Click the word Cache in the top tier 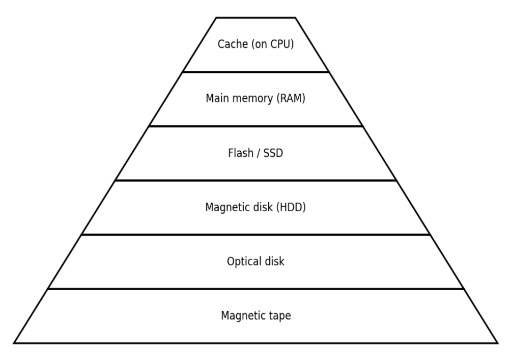coord(232,44)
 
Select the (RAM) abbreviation coord(291,99)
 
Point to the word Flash coord(239,153)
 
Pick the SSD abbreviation coord(272,153)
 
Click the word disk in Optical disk coord(275,262)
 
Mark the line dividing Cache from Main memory coord(256,72)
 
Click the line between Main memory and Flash coord(256,126)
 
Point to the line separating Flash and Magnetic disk coord(256,180)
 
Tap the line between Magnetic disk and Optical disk coord(256,235)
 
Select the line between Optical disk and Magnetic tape coord(256,289)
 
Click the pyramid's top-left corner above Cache coord(216,18)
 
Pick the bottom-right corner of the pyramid coord(497,343)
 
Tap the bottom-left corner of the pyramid coord(14,343)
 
